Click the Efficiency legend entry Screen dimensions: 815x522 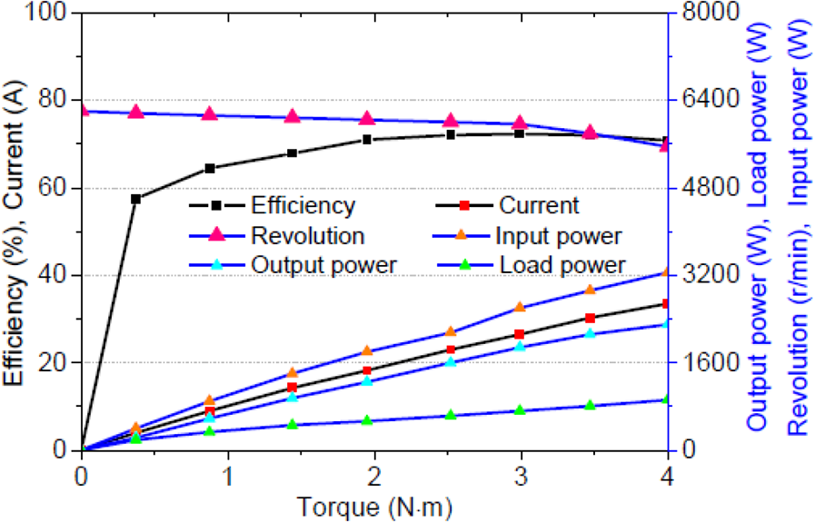[x=273, y=206]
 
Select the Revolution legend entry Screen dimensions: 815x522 [x=277, y=236]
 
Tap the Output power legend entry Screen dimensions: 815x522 [x=293, y=265]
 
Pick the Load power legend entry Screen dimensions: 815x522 [x=531, y=265]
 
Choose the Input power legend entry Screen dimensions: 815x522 [x=528, y=236]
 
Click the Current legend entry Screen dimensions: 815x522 [x=507, y=206]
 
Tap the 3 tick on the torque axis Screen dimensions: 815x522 [x=521, y=477]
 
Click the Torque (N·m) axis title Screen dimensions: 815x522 [x=374, y=507]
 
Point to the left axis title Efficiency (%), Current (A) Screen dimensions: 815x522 [x=14, y=232]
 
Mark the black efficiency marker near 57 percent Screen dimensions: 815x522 [x=136, y=199]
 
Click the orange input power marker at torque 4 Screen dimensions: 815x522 [x=666, y=272]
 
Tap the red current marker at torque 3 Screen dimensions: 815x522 [x=519, y=334]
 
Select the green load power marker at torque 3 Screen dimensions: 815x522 [x=519, y=410]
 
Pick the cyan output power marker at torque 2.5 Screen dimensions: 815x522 [x=451, y=361]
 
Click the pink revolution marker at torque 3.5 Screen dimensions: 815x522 [x=590, y=132]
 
